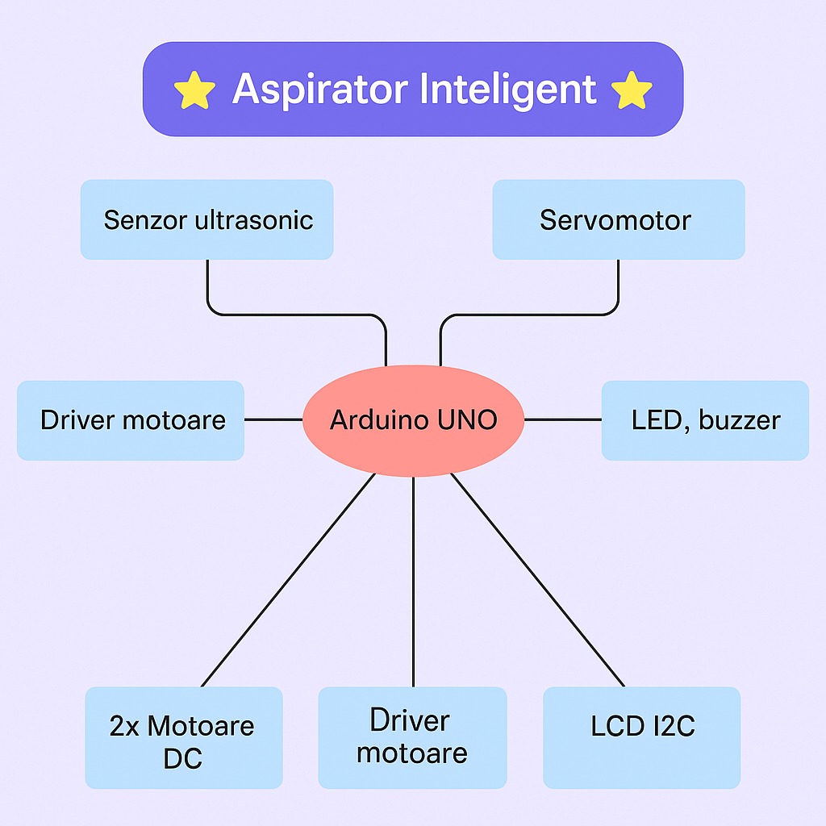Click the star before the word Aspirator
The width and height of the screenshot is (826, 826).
click(x=194, y=90)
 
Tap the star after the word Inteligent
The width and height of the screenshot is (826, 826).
click(x=632, y=90)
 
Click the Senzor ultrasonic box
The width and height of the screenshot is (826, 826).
click(x=206, y=219)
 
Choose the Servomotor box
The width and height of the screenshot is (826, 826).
click(x=618, y=219)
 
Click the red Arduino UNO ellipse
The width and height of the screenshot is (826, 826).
click(x=413, y=420)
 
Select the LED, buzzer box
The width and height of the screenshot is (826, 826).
click(x=705, y=420)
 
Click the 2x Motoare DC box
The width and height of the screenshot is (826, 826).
click(x=183, y=736)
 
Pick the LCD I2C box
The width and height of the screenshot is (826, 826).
click(x=642, y=736)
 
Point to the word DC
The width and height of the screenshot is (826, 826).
click(x=183, y=758)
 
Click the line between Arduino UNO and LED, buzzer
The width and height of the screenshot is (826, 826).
click(x=562, y=419)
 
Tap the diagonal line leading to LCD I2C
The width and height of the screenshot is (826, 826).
click(x=537, y=579)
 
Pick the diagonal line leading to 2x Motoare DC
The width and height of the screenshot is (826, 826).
click(x=289, y=579)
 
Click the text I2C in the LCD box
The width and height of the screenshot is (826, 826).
click(x=674, y=726)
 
